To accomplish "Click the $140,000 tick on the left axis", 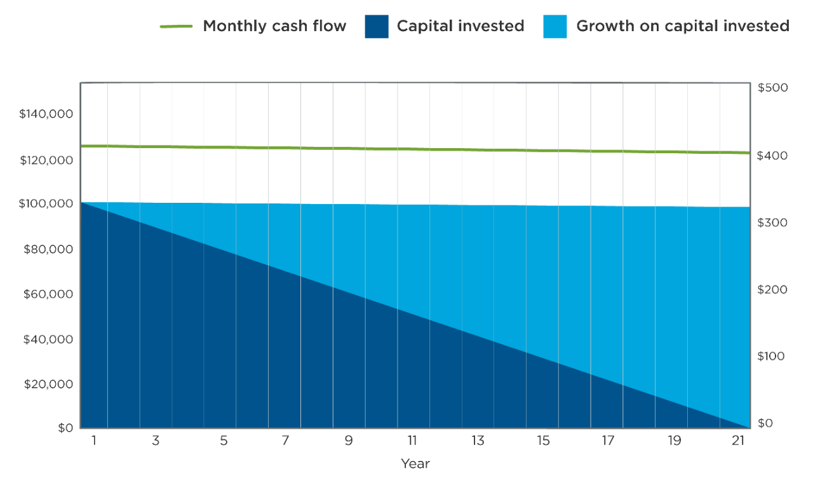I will point(46,114).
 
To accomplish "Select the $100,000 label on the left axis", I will point(46,204).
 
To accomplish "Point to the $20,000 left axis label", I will point(48,384).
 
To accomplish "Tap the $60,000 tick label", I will point(48,294).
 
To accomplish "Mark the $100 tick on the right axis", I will point(770,356).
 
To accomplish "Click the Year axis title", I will point(415,464).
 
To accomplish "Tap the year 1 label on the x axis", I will point(94,440).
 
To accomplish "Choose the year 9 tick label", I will point(349,440).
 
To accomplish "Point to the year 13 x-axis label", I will point(478,440).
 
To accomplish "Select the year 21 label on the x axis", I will point(737,440).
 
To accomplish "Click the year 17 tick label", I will point(608,440).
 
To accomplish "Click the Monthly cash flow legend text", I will point(274,26).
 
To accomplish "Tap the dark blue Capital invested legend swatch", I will point(376,27).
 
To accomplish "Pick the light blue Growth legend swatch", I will point(554,27).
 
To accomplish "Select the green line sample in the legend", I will point(176,27).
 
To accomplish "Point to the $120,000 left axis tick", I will point(46,160).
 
